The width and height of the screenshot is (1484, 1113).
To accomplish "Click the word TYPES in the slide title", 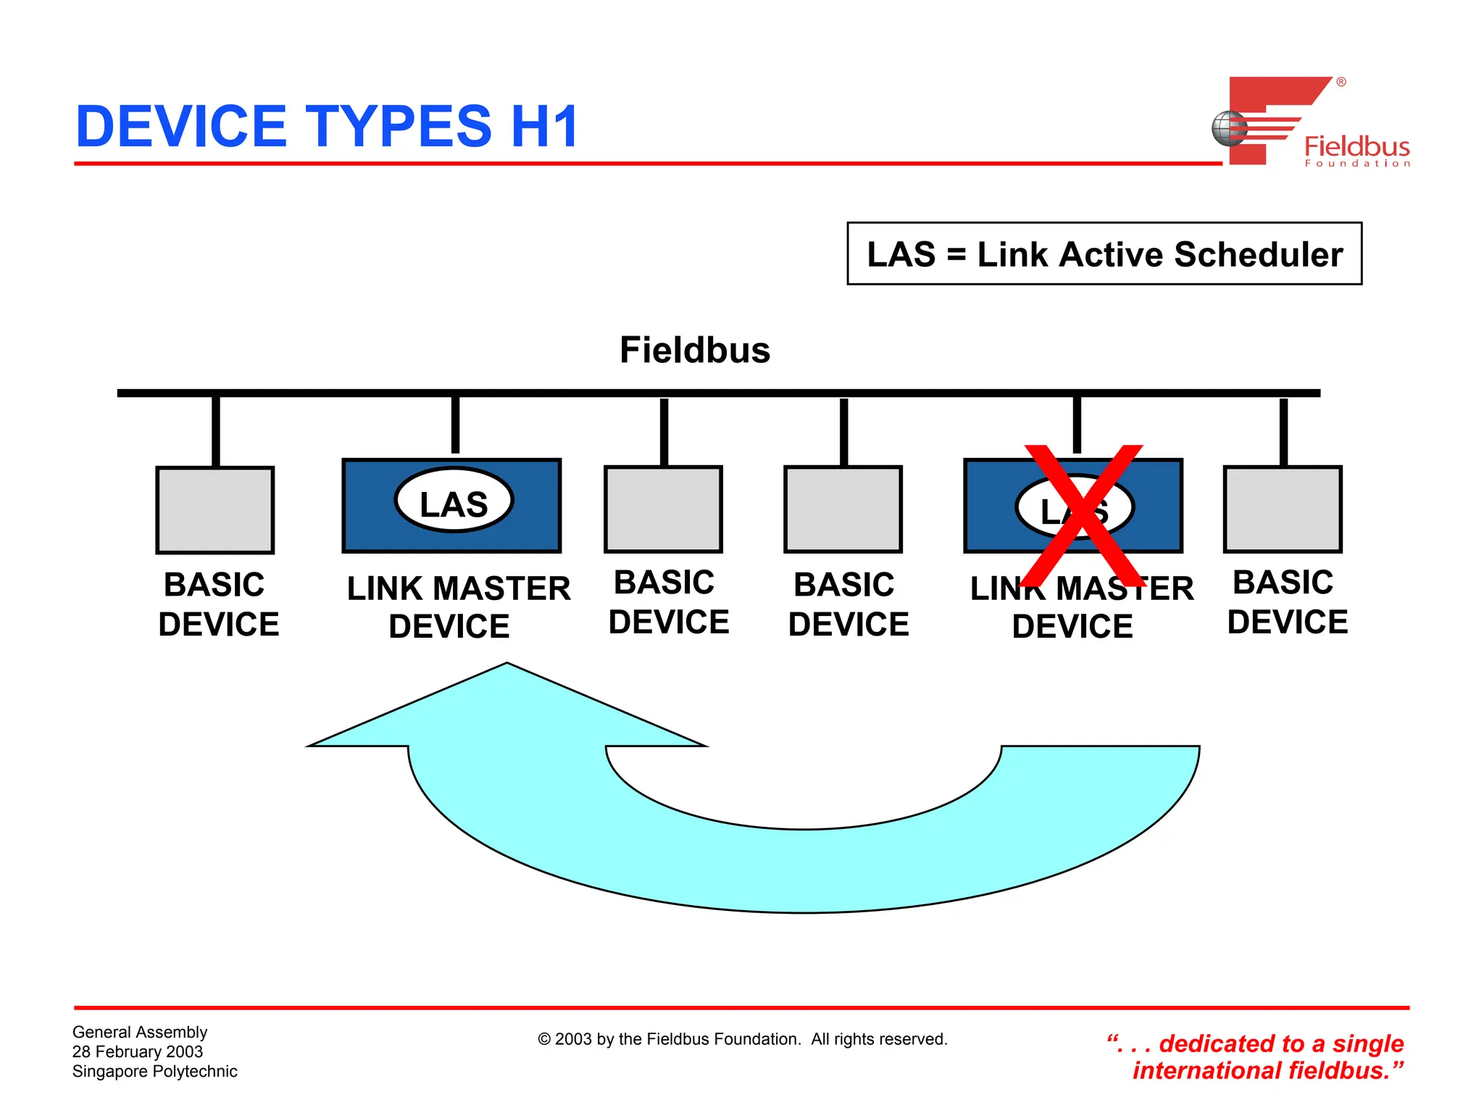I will pyautogui.click(x=398, y=126).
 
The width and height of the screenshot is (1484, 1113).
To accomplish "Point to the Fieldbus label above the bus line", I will pyautogui.click(x=694, y=350).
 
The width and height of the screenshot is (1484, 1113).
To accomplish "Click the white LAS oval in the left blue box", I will pyautogui.click(x=454, y=501).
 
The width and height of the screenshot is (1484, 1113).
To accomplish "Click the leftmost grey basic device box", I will pyautogui.click(x=215, y=510).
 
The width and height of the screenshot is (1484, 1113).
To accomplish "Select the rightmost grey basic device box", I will pyautogui.click(x=1283, y=509).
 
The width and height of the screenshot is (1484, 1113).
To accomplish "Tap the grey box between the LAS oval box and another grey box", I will pyautogui.click(x=663, y=509).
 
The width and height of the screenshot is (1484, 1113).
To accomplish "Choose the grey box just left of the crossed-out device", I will pyautogui.click(x=843, y=509).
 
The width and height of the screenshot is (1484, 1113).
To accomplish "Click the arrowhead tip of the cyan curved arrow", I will pyautogui.click(x=507, y=665).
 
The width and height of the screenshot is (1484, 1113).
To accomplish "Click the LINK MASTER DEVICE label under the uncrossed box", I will pyautogui.click(x=458, y=607).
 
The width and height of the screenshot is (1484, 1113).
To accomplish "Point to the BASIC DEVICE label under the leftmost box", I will pyautogui.click(x=217, y=604).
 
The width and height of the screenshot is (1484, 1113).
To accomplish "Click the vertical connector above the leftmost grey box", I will pyautogui.click(x=215, y=431).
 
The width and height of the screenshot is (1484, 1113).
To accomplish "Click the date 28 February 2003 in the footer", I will pyautogui.click(x=138, y=1051).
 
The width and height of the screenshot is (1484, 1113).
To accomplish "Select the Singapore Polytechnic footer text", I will pyautogui.click(x=154, y=1071).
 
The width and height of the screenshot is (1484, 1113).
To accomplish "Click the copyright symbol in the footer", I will pyautogui.click(x=544, y=1040).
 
